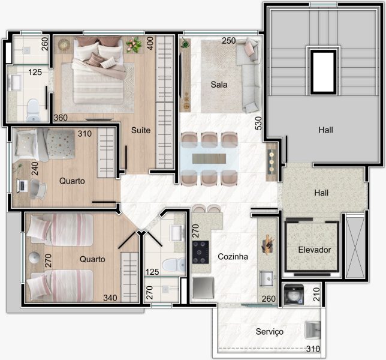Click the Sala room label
coord(219,85)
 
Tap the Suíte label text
coord(141,130)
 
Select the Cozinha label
coord(233,257)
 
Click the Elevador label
coord(314,250)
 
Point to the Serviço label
coord(269,331)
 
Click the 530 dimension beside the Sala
coord(258,123)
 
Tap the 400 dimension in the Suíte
coord(150,43)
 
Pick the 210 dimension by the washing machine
coord(316,295)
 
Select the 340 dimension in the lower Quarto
coord(110,298)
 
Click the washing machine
coord(294,294)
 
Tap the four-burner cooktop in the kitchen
coord(200,253)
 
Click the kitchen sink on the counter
coord(267,278)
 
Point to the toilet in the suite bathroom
coord(33,110)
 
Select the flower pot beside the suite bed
coord(134,44)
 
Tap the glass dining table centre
coord(209,158)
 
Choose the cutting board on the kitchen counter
coord(267,244)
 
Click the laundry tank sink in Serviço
coord(313,330)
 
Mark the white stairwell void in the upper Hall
coord(323,71)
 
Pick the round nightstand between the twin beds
coord(34,258)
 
